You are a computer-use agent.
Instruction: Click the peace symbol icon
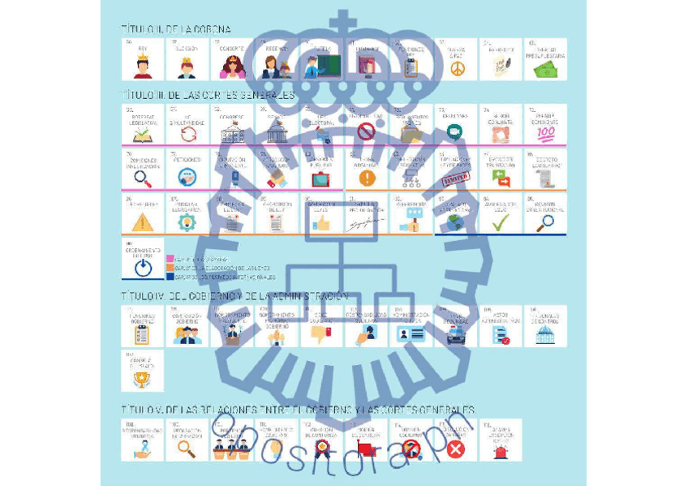(x=456, y=69)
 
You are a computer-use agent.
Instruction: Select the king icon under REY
(x=143, y=69)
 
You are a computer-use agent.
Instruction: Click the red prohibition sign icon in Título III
(x=367, y=131)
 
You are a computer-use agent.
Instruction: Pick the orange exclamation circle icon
(x=367, y=177)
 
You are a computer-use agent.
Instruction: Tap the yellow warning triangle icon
(x=143, y=221)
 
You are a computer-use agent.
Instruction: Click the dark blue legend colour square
(x=170, y=276)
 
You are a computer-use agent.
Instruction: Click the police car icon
(x=456, y=333)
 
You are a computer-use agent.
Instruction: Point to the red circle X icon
(x=456, y=448)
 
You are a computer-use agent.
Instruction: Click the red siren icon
(x=501, y=450)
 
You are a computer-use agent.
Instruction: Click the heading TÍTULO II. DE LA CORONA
(x=175, y=29)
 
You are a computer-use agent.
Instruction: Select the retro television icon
(x=321, y=178)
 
